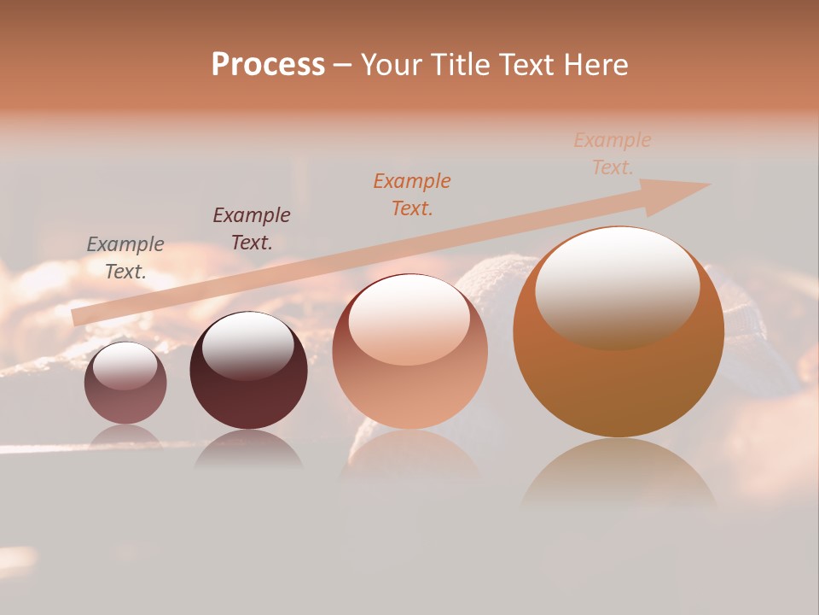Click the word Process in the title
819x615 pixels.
(268, 65)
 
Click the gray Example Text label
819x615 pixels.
(125, 258)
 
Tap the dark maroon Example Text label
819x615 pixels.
(252, 229)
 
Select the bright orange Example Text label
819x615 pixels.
(412, 194)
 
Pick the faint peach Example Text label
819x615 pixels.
(613, 154)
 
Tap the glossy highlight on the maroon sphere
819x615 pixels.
(247, 343)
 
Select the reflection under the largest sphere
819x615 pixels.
(619, 474)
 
